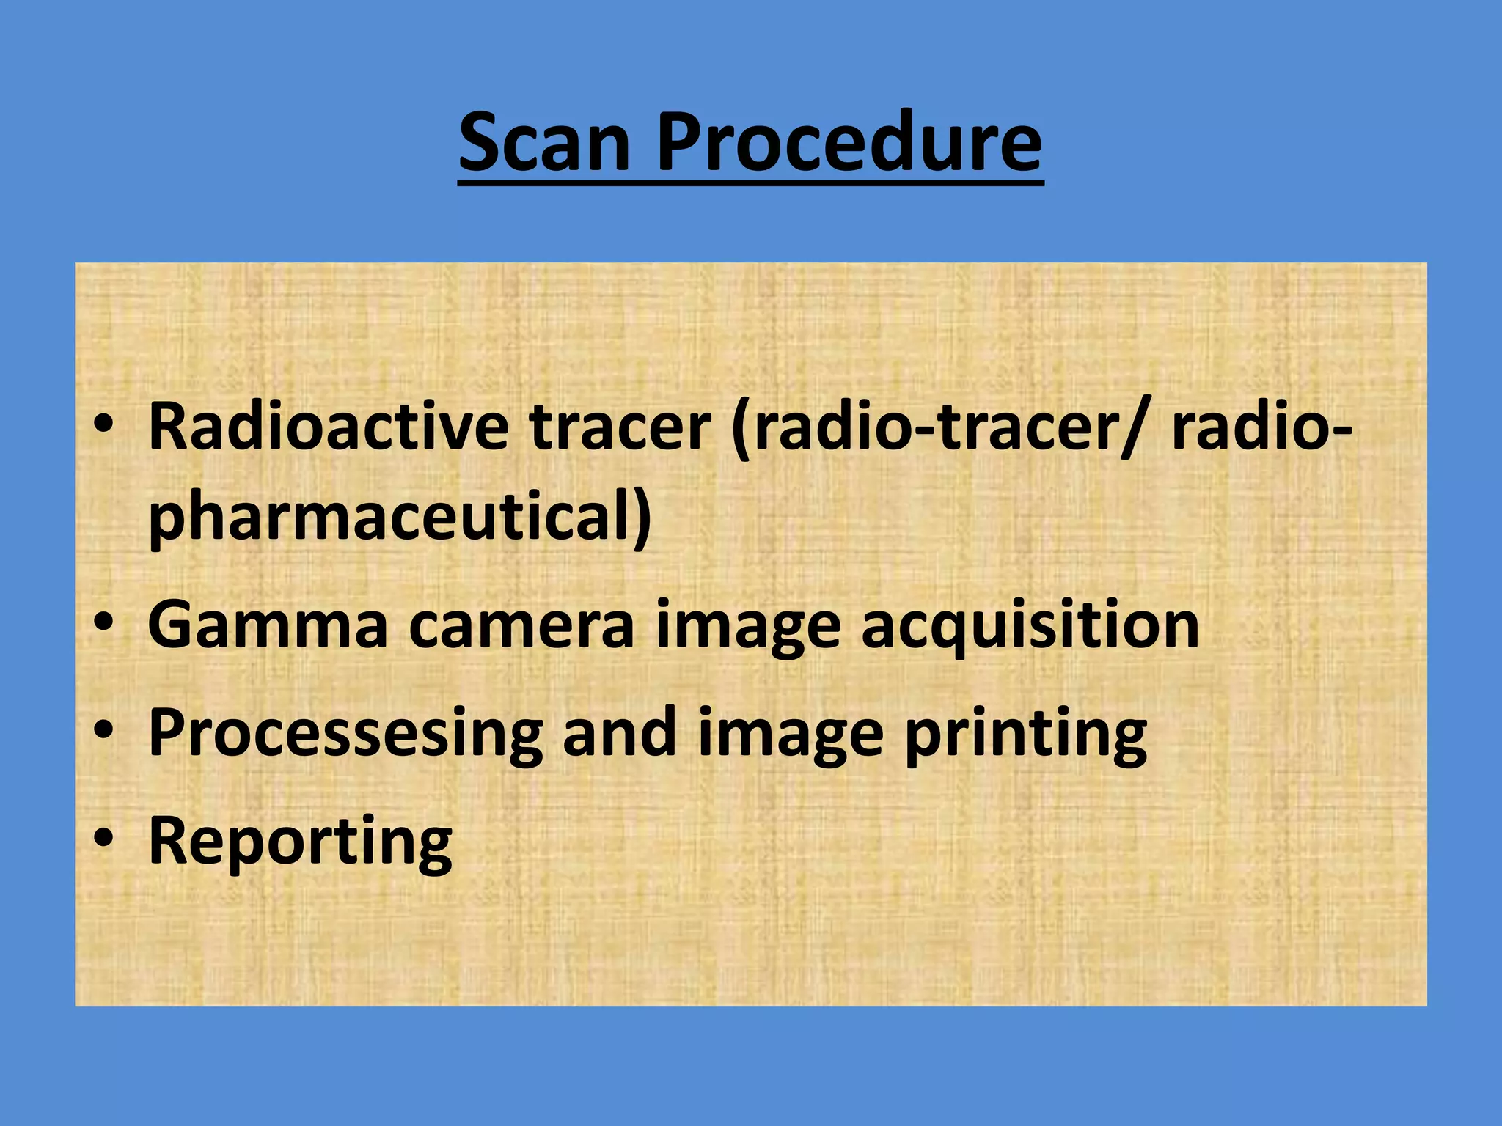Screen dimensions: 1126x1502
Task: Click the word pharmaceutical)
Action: pos(400,517)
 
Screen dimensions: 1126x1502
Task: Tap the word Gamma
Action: pos(267,625)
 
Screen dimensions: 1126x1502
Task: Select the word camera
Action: pos(521,625)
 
